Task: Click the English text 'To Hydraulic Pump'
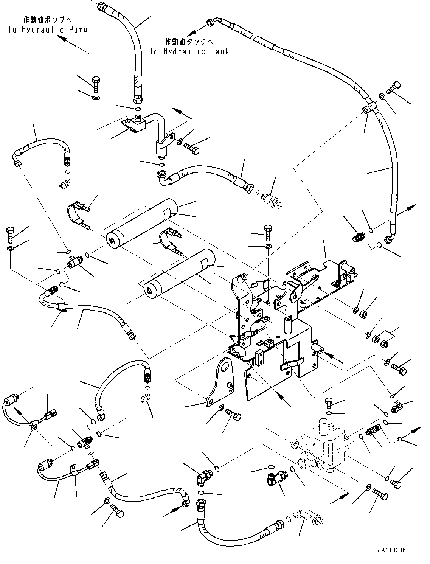pos(47,30)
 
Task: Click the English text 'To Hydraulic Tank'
pos(189,52)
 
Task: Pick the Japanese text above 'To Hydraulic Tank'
pos(189,41)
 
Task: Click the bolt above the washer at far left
pos(10,234)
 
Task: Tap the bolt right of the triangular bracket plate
pos(233,415)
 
